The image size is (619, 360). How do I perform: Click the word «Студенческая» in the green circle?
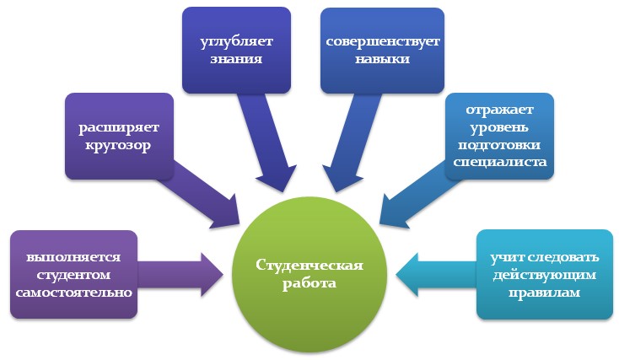point(309,266)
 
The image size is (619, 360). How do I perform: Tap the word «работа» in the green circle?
point(309,283)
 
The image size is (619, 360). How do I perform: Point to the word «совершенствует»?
point(382,42)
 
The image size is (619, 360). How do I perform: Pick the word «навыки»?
point(382,60)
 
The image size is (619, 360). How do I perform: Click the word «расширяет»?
point(120,128)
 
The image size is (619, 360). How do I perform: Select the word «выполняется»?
point(73,256)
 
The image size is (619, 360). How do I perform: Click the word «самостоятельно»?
point(73,293)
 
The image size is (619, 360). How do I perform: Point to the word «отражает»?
point(501,110)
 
